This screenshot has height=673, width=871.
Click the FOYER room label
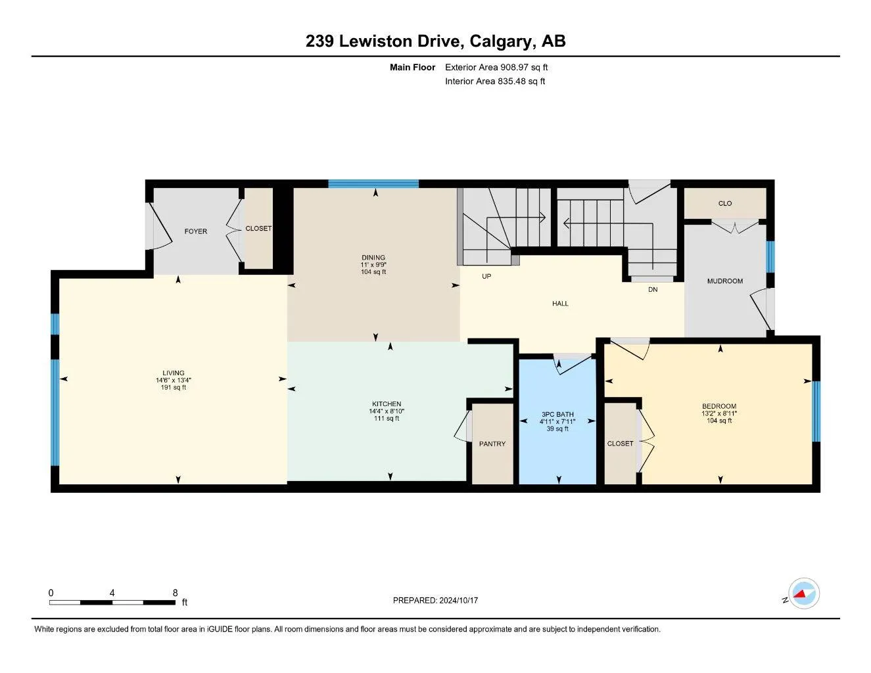coord(196,231)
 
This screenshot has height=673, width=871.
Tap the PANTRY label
coord(492,444)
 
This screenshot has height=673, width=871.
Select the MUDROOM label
coord(724,281)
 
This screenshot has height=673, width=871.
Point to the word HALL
coord(560,304)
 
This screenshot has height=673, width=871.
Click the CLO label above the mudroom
coord(724,204)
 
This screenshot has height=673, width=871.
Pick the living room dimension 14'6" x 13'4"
coord(174,380)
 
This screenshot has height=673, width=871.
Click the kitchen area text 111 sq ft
coord(387,419)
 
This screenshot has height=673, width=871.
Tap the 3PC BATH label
coord(557,415)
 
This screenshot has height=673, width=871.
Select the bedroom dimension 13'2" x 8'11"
coord(719,414)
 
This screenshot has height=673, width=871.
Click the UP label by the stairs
coord(486,277)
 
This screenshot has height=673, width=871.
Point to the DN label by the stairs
coord(653,290)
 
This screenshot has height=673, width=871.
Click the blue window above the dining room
coord(373,184)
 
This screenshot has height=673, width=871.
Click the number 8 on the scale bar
coord(175,593)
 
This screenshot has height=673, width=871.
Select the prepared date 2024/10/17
coord(459,601)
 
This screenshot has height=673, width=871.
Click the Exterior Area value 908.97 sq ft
coord(523,67)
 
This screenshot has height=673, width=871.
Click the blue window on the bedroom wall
coord(816,411)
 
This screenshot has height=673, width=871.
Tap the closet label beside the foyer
coord(258,228)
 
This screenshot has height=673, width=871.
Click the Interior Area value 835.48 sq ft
coord(521,81)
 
